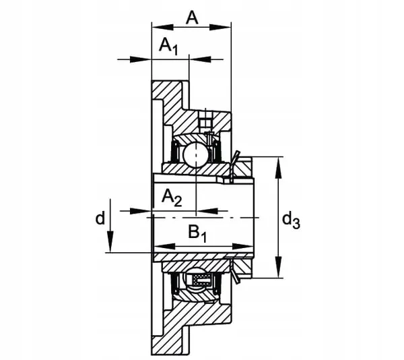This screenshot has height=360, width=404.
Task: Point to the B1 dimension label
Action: (x=198, y=233)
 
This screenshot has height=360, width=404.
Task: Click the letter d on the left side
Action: (x=100, y=218)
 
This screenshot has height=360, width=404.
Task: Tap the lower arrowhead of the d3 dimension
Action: (x=278, y=270)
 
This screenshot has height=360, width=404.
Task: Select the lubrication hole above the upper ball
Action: (x=205, y=121)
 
